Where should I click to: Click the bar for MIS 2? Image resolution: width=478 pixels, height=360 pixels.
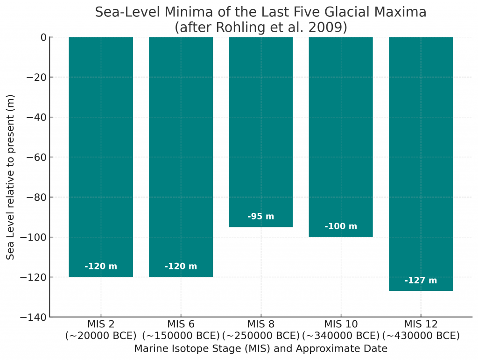pyautogui.click(x=101, y=154)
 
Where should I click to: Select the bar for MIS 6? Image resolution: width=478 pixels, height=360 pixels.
pyautogui.click(x=181, y=154)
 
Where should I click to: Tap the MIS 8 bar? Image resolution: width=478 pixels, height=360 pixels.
pyautogui.click(x=260, y=131)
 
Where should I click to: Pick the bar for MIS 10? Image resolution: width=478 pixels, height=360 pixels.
pyautogui.click(x=341, y=135)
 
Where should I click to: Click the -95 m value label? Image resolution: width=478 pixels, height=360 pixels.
pyautogui.click(x=260, y=217)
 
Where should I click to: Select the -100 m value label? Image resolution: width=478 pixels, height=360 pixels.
pyautogui.click(x=341, y=226)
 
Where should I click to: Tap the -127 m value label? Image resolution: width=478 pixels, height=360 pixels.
pyautogui.click(x=421, y=281)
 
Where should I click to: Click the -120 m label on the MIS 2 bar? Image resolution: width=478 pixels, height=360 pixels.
pyautogui.click(x=101, y=267)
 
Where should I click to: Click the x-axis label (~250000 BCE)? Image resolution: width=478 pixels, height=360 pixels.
pyautogui.click(x=260, y=336)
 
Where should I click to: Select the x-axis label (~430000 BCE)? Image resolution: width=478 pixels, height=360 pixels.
pyautogui.click(x=421, y=336)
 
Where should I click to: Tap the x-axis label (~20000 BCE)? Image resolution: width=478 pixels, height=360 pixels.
pyautogui.click(x=101, y=336)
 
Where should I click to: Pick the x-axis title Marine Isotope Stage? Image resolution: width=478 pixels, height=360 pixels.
pyautogui.click(x=260, y=348)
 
